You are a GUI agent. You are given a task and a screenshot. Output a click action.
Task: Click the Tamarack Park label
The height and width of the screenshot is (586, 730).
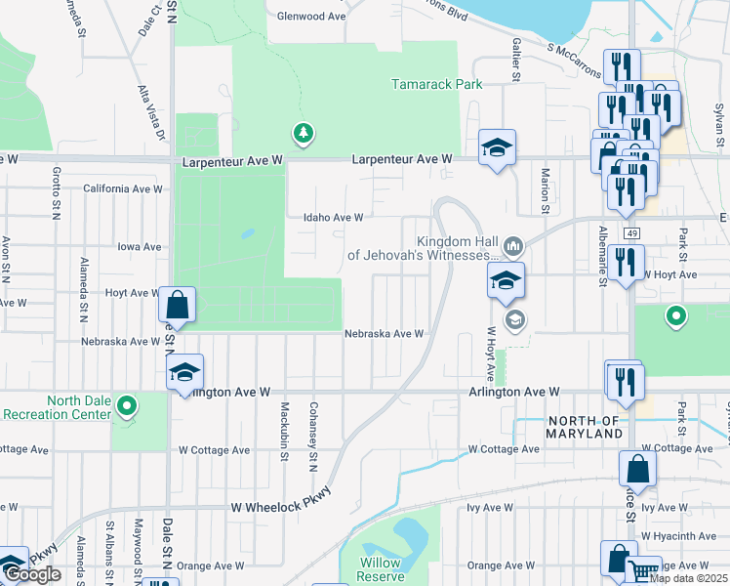point(437,85)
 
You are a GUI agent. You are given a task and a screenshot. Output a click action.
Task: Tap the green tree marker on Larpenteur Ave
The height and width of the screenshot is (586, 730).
point(304,132)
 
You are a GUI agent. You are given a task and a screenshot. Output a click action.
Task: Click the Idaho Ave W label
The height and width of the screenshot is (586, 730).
point(334,218)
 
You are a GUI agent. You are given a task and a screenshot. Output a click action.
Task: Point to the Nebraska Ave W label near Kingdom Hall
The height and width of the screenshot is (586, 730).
point(384,333)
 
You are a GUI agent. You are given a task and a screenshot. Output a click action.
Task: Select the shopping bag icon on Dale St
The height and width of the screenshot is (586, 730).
point(178,304)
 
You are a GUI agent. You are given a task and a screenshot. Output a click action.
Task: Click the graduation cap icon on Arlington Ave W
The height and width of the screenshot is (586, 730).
point(183,372)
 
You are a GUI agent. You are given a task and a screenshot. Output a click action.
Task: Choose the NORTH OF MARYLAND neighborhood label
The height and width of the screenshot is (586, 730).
point(585,427)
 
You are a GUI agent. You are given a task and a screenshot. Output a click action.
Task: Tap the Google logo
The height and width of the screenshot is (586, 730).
point(32,574)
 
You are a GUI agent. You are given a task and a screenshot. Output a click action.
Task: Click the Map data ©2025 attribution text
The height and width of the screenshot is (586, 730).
point(688,578)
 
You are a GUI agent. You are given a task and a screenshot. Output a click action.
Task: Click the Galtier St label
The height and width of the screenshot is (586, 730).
point(514,61)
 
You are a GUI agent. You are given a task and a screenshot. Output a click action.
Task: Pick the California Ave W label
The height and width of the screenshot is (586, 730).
point(122,188)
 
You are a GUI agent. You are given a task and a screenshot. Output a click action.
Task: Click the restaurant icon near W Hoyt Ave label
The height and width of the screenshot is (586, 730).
point(626,261)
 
